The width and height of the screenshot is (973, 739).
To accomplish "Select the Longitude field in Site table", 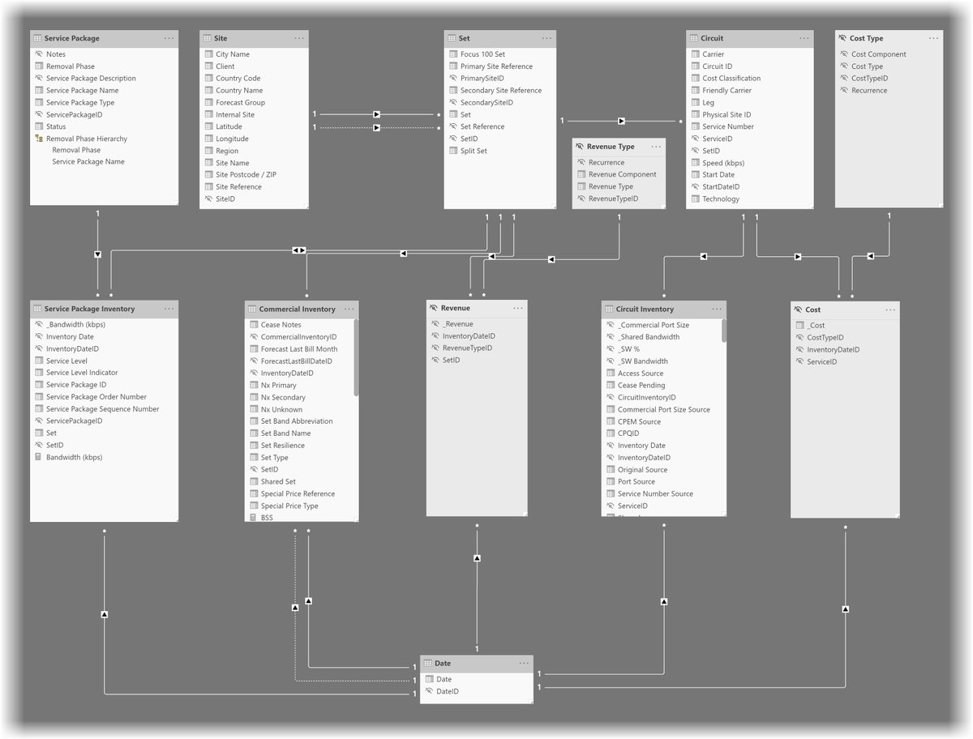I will (x=232, y=139).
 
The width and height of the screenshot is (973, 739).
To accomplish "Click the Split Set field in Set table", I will (x=474, y=151).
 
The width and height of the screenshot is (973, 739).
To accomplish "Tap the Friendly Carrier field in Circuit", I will (x=727, y=91).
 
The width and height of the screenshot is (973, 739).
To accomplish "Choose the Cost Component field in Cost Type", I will (x=878, y=54).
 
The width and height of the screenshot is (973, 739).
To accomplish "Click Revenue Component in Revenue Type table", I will (x=622, y=174).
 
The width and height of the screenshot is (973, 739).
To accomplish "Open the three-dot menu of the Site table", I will (x=299, y=38).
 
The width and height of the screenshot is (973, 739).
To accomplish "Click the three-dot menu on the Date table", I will (x=524, y=663).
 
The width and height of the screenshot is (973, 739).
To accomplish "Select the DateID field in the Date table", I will (x=447, y=691).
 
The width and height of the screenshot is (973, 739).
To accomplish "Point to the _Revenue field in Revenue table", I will (x=457, y=324).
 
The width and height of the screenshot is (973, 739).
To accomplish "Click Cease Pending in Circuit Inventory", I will (x=641, y=385).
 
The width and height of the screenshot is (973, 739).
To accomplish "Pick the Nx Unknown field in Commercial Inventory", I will (x=281, y=409).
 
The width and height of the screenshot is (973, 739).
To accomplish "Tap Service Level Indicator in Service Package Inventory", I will (x=87, y=373).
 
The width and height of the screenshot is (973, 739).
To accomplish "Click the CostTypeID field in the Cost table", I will (x=825, y=338).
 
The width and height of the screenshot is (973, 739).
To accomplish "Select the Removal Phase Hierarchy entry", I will (x=86, y=139).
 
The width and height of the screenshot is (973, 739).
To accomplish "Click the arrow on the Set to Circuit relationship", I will (x=621, y=121).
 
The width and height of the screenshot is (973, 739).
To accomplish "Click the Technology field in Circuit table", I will (x=720, y=199).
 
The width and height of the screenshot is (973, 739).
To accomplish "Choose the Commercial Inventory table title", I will (x=297, y=309).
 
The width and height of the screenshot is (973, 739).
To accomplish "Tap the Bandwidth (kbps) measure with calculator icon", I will (x=74, y=457).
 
